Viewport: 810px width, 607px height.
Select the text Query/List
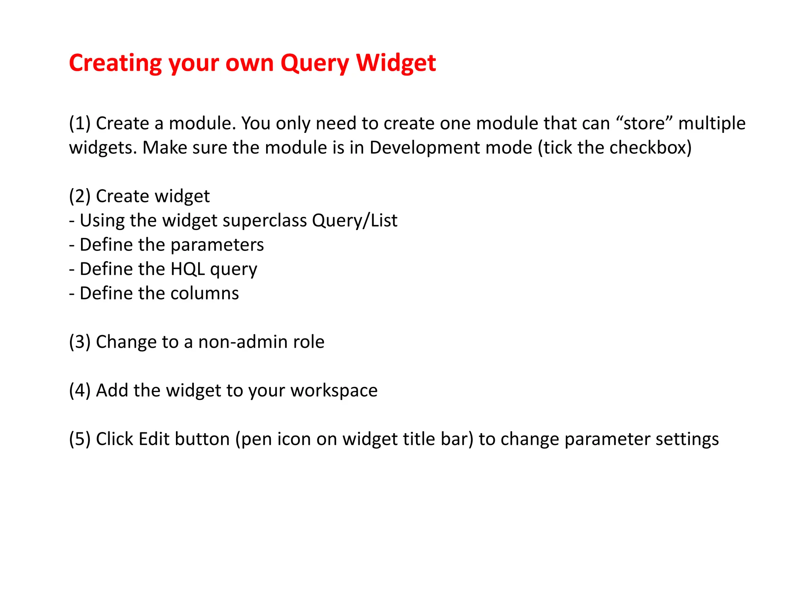tap(354, 221)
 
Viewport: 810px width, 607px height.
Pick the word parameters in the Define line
tap(217, 245)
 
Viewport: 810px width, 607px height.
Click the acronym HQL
tap(187, 269)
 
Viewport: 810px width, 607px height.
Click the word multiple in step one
tap(712, 123)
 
